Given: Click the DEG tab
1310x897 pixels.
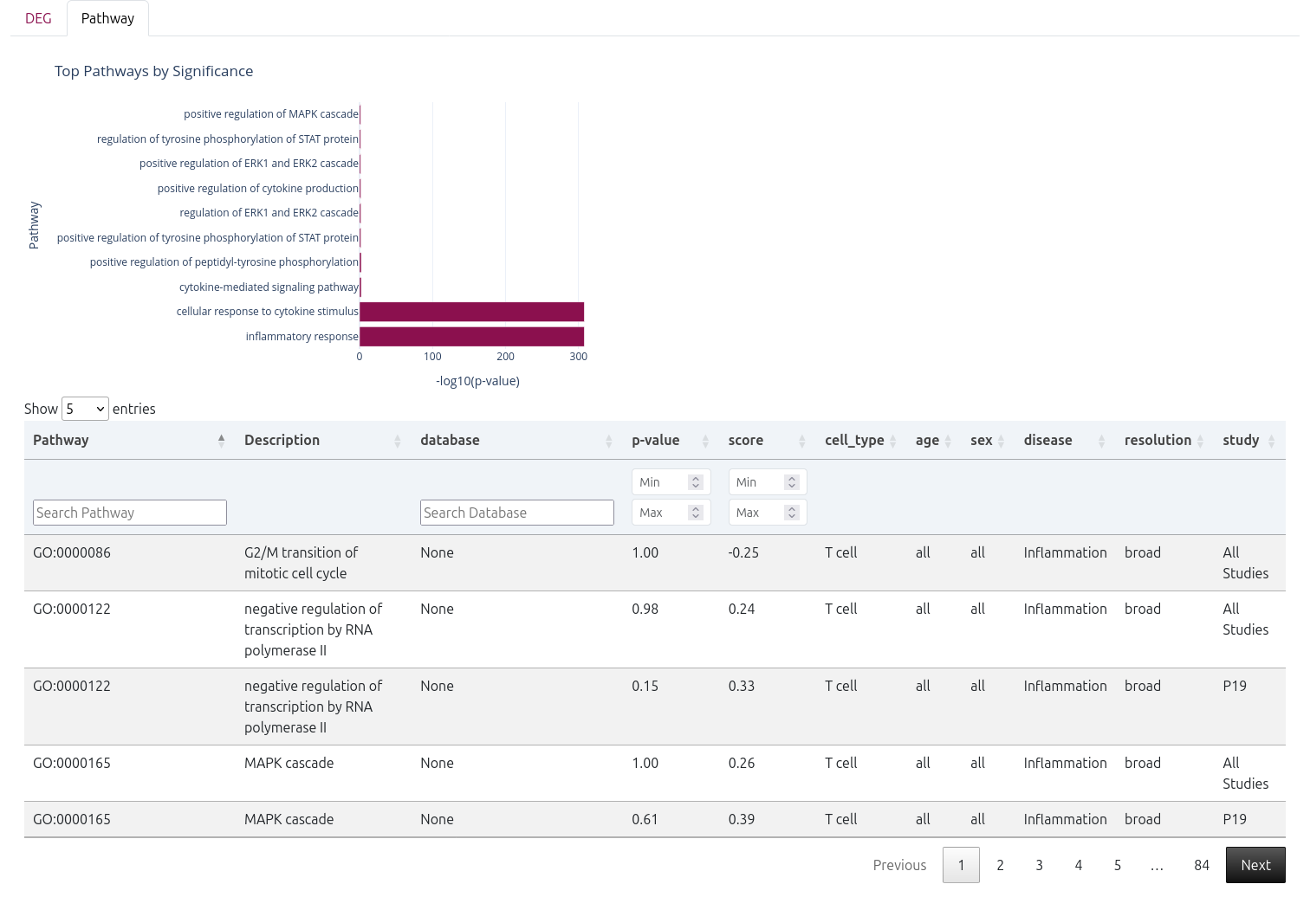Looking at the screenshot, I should pos(38,18).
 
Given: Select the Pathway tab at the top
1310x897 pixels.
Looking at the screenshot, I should pos(107,18).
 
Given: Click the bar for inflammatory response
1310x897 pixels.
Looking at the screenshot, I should pos(471,337).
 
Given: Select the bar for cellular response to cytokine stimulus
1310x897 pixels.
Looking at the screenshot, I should pos(471,312).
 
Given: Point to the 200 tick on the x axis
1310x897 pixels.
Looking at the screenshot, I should pos(505,357).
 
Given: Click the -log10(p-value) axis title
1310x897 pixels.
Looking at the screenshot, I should pos(477,381).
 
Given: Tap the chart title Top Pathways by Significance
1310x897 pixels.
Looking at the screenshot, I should pos(153,71).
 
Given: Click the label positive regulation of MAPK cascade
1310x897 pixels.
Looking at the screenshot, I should pos(270,114).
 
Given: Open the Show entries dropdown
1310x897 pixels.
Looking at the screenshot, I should pos(85,409).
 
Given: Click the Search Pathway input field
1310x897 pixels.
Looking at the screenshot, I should pos(130,513).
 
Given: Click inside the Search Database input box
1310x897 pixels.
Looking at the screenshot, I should pos(517,513).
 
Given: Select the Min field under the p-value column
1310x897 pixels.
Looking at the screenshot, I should pos(663,482).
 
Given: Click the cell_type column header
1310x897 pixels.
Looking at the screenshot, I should pos(854,440).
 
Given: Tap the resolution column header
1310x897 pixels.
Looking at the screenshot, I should pos(1158,440).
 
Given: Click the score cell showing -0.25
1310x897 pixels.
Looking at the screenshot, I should pos(743,552).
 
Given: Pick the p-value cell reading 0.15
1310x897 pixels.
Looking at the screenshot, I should pos(645,686).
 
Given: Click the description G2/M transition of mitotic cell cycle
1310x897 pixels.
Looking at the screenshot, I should pos(301,563).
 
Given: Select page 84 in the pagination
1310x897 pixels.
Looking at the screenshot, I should pos(1201,865).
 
